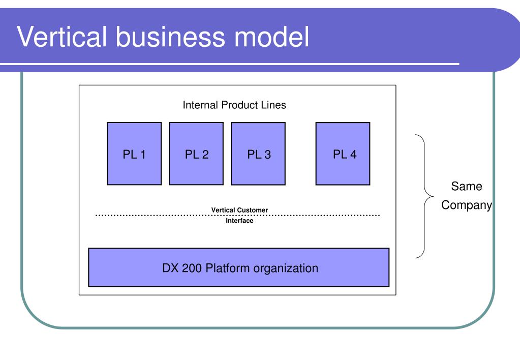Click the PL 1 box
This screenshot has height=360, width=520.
pyautogui.click(x=134, y=154)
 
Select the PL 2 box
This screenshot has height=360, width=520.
pyautogui.click(x=196, y=154)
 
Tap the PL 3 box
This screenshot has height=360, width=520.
pyautogui.click(x=258, y=154)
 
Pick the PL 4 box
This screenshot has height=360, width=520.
pyautogui.click(x=343, y=154)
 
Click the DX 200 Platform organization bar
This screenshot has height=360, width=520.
pyautogui.click(x=239, y=267)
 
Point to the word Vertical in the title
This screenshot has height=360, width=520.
pyautogui.click(x=62, y=36)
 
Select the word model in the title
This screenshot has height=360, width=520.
pyautogui.click(x=271, y=36)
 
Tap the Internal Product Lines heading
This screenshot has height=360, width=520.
pyautogui.click(x=234, y=105)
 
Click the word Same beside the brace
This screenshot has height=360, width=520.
pyautogui.click(x=466, y=186)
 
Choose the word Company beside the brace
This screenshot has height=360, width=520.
pyautogui.click(x=466, y=205)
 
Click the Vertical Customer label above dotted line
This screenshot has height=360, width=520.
pyautogui.click(x=239, y=210)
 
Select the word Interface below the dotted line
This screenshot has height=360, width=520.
pyautogui.click(x=239, y=221)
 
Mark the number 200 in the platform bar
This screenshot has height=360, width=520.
pyautogui.click(x=191, y=268)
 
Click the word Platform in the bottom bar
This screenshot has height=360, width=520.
pyautogui.click(x=228, y=268)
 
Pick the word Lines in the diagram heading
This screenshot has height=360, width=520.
pyautogui.click(x=273, y=105)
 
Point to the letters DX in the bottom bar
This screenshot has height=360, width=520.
pyautogui.click(x=170, y=268)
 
